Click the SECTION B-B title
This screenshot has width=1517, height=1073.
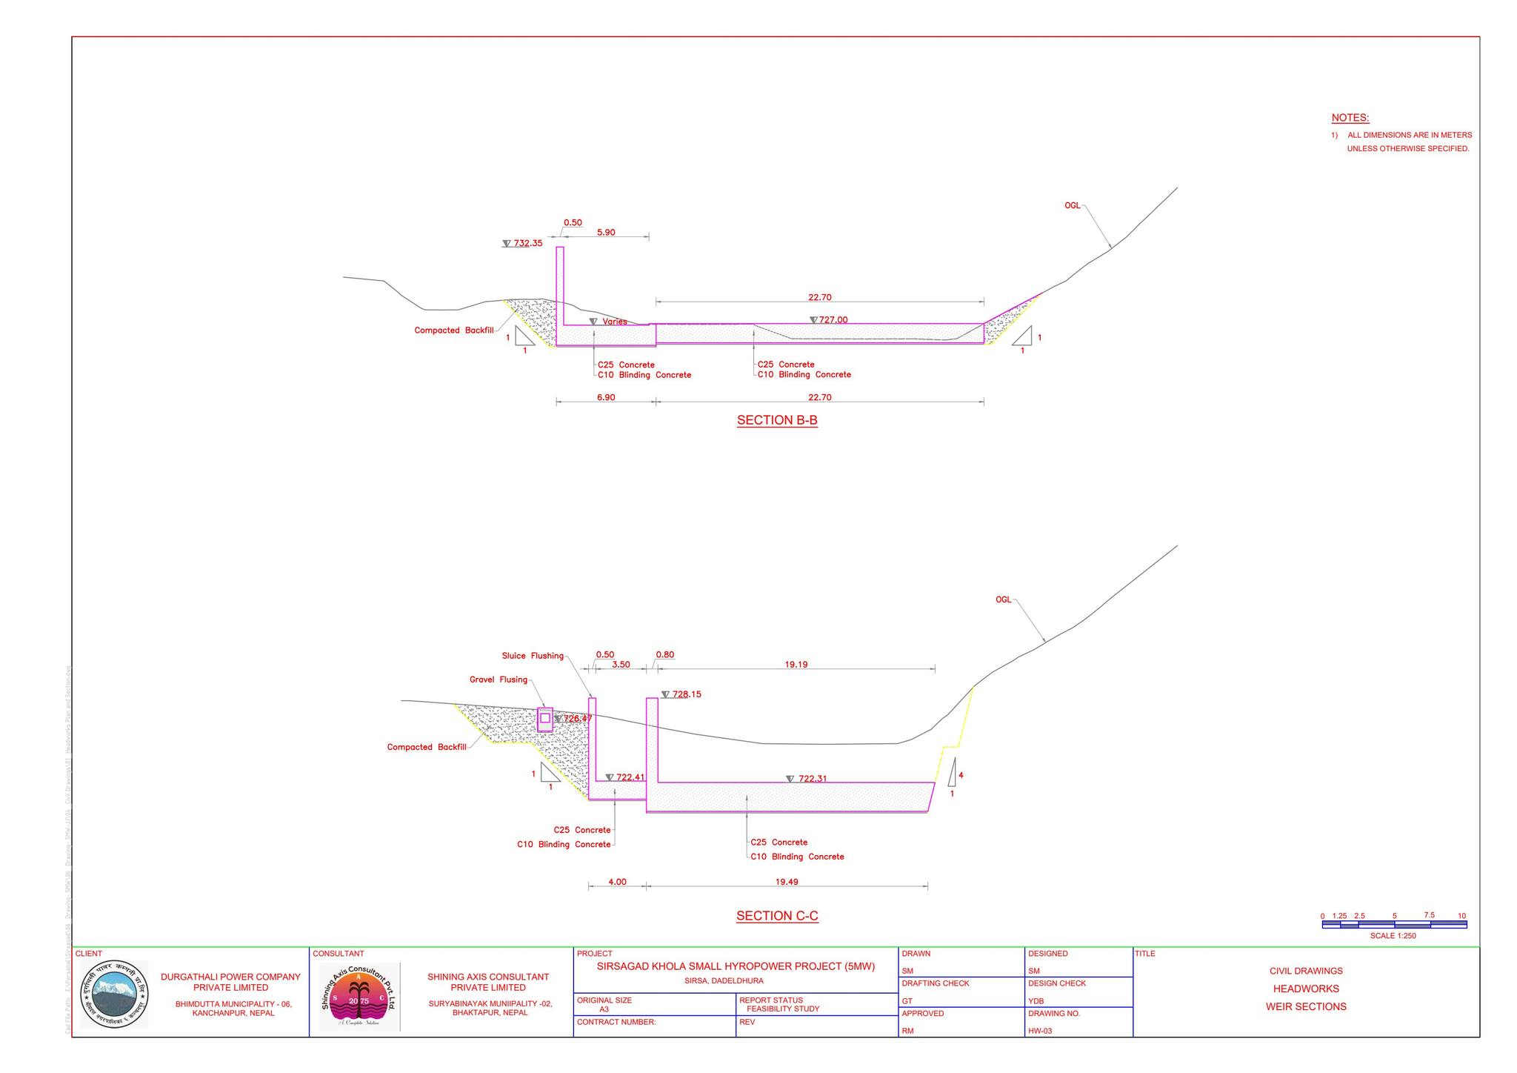pyautogui.click(x=777, y=420)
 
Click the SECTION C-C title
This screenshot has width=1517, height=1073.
pyautogui.click(x=777, y=916)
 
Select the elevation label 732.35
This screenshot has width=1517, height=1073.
pyautogui.click(x=527, y=243)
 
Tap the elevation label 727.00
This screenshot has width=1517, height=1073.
pyautogui.click(x=833, y=320)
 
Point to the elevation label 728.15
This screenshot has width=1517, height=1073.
pyautogui.click(x=686, y=694)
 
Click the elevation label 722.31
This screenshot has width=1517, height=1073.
pyautogui.click(x=812, y=779)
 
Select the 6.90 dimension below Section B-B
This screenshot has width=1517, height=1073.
pyautogui.click(x=606, y=397)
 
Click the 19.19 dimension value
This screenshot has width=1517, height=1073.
pyautogui.click(x=796, y=665)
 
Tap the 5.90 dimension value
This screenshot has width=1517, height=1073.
pyautogui.click(x=606, y=232)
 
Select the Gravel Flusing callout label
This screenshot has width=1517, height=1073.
pyautogui.click(x=499, y=680)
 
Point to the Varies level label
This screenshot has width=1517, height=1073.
pyautogui.click(x=614, y=322)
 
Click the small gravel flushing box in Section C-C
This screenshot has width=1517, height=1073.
pyautogui.click(x=545, y=718)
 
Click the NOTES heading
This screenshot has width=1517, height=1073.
pyautogui.click(x=1350, y=118)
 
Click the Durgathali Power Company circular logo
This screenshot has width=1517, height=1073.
pyautogui.click(x=114, y=994)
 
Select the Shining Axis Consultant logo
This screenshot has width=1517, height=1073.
pyautogui.click(x=359, y=997)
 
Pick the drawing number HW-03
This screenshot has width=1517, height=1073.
pyautogui.click(x=1039, y=1031)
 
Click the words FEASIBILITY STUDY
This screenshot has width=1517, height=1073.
pyautogui.click(x=782, y=1009)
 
